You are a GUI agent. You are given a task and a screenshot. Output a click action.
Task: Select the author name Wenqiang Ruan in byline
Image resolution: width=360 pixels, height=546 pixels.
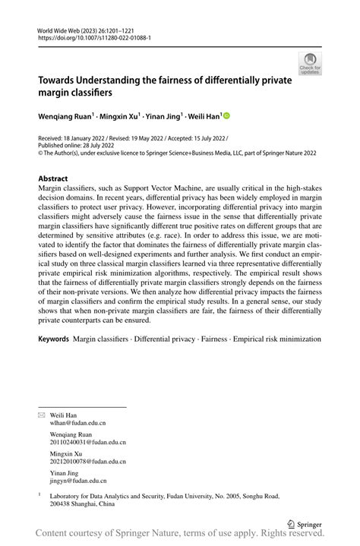click(66, 117)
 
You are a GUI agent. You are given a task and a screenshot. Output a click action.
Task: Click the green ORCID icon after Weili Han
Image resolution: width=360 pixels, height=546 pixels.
click(226, 117)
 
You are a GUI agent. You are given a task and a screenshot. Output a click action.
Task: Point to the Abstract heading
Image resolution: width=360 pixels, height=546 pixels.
click(58, 178)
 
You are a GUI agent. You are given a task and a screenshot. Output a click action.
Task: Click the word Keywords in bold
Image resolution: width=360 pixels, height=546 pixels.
click(54, 356)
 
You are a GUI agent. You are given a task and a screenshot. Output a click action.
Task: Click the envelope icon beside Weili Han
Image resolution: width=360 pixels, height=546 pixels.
click(43, 415)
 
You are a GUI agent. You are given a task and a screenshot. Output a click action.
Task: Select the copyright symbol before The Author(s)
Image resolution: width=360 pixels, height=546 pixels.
click(41, 152)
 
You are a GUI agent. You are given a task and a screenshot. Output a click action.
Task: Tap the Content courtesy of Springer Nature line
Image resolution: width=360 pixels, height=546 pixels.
click(180, 535)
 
